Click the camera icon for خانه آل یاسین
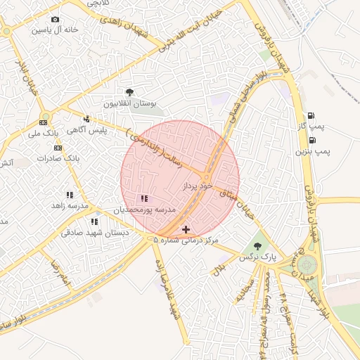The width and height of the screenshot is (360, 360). [56, 19]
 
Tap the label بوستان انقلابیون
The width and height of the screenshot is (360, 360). [128, 103]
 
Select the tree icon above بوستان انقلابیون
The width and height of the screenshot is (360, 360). [129, 92]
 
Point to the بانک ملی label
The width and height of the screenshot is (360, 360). [44, 133]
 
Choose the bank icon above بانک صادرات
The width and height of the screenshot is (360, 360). [58, 148]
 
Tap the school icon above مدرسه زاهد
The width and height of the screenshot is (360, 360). [70, 195]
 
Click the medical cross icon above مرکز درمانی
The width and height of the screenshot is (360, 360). [186, 229]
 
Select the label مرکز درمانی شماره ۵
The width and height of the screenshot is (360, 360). [186, 240]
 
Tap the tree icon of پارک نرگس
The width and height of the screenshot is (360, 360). [258, 246]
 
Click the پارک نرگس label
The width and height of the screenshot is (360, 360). [257, 258]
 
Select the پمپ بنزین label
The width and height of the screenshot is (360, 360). [311, 150]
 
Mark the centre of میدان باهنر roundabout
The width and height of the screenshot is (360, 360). [307, 265]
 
